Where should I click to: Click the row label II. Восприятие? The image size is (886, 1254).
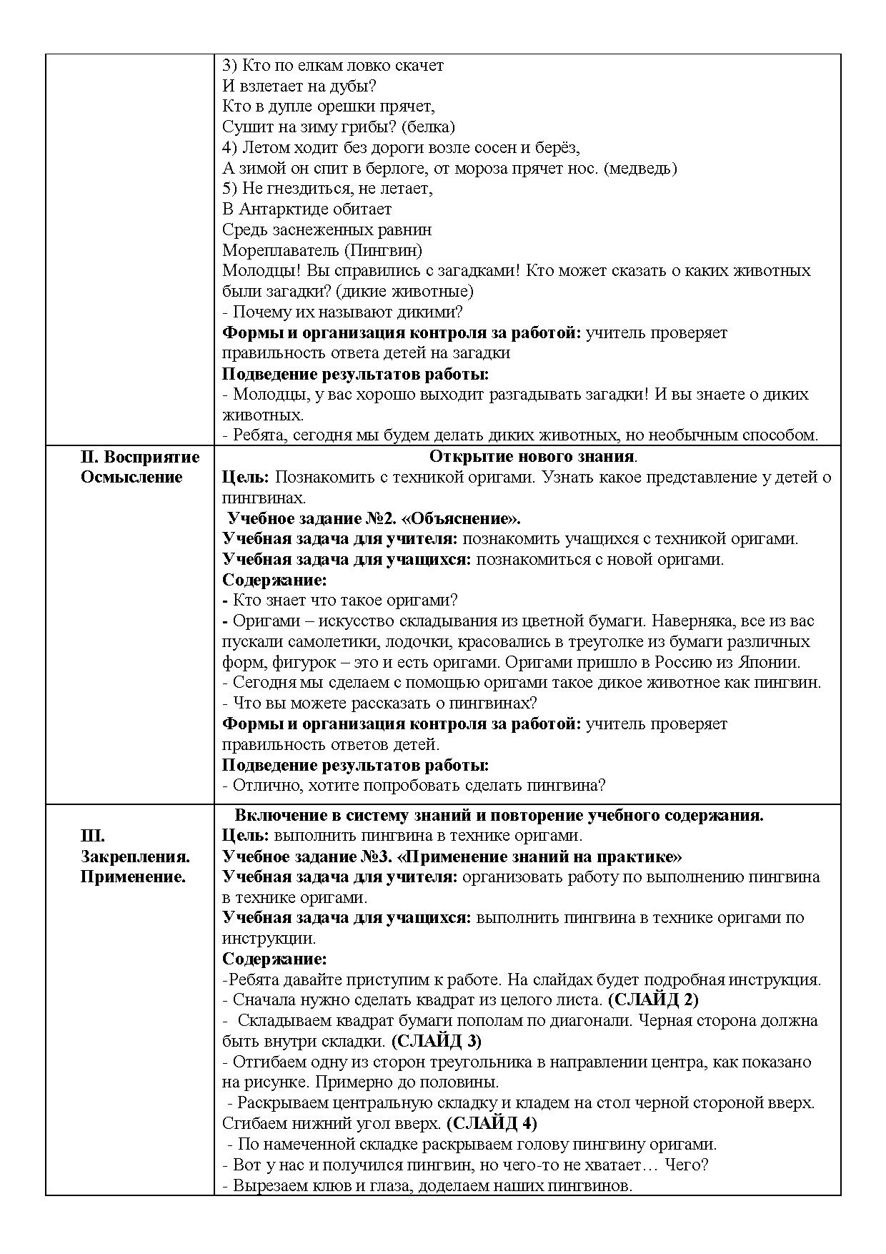pyautogui.click(x=140, y=457)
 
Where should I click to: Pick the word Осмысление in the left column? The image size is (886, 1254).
pyautogui.click(x=131, y=478)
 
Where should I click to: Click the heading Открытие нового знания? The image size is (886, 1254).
pyautogui.click(x=532, y=457)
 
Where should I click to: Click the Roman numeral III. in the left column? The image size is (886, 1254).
pyautogui.click(x=92, y=836)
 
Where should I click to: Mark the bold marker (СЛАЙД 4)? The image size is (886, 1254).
pyautogui.click(x=491, y=1124)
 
